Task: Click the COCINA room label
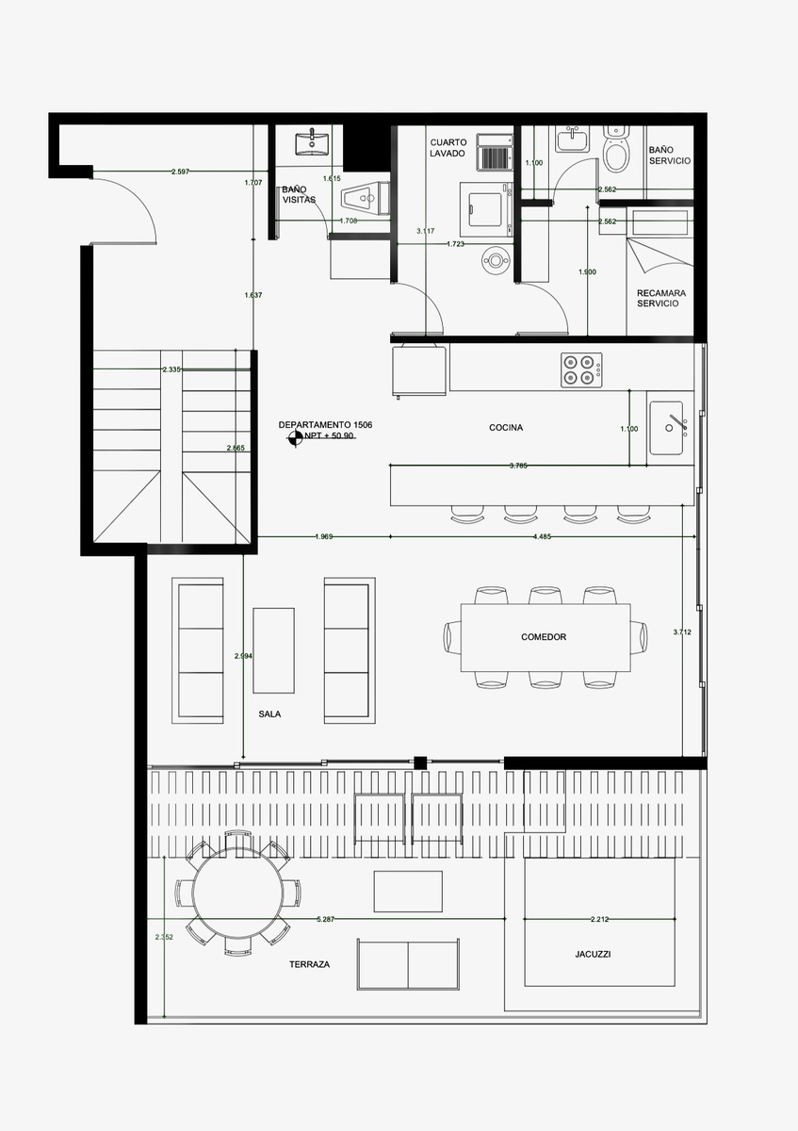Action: click(x=506, y=428)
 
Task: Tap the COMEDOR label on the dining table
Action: click(x=544, y=637)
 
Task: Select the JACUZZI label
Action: click(x=593, y=954)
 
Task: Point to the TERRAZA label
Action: click(x=310, y=965)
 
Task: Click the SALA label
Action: click(x=269, y=714)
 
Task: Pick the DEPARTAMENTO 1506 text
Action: click(x=325, y=425)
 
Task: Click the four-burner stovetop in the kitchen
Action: click(x=580, y=369)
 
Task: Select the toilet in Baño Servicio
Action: click(x=616, y=152)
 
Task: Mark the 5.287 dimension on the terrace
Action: click(x=326, y=918)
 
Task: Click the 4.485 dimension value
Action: click(x=542, y=537)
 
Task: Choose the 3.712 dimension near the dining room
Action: click(x=682, y=632)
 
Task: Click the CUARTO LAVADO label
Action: click(x=448, y=147)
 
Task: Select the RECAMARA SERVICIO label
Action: click(x=660, y=298)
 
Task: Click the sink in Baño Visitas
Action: click(x=311, y=144)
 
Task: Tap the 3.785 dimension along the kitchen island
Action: click(x=518, y=466)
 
